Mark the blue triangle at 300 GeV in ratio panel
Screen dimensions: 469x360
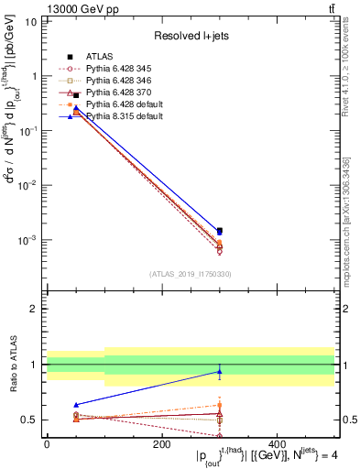coord(219,371)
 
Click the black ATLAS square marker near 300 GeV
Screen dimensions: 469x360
coord(219,231)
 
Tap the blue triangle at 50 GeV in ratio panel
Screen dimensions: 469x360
coord(75,404)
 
